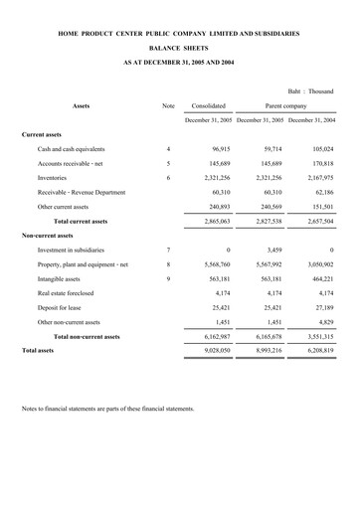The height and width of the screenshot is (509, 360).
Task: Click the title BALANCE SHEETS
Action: [179, 47]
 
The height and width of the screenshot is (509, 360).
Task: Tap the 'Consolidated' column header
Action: [209, 104]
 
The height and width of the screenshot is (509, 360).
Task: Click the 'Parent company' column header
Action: [284, 104]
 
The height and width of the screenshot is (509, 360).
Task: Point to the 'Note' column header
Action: [168, 104]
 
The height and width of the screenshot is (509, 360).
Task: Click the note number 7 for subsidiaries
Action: [168, 250]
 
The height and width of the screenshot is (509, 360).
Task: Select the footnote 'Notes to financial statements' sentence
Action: [107, 409]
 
